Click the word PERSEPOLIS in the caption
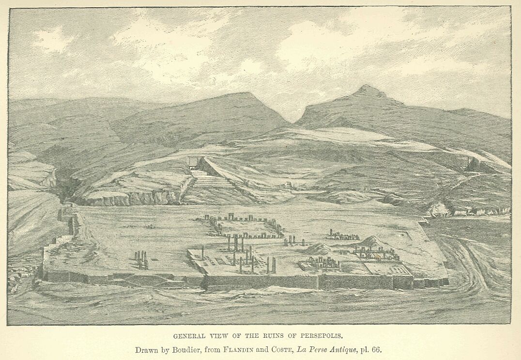click(323, 335)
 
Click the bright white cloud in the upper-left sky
click(53, 39)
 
